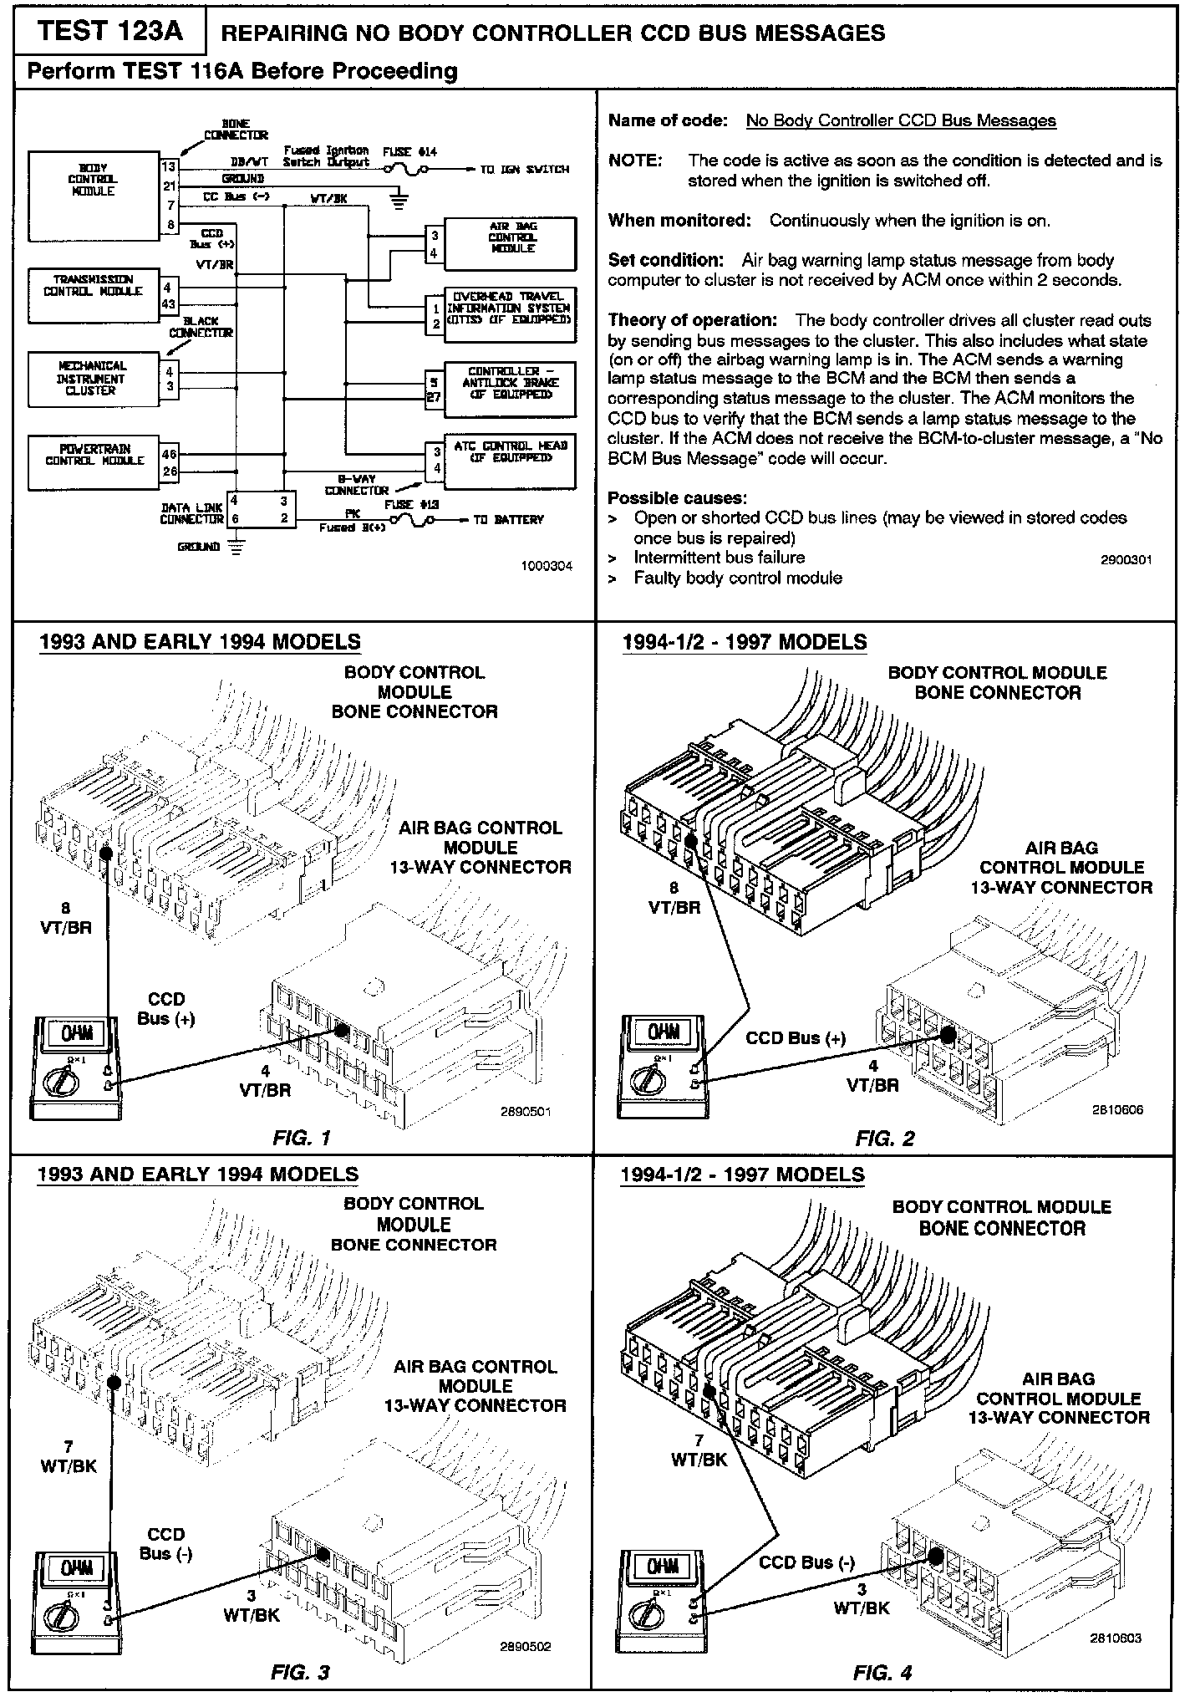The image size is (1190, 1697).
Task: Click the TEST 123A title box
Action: [110, 32]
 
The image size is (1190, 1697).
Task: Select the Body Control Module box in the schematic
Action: [94, 196]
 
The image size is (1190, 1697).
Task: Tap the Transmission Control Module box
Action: [94, 295]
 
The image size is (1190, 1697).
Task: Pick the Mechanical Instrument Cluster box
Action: [94, 379]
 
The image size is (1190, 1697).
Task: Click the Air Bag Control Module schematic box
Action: [510, 243]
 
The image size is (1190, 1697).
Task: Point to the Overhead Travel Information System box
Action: [510, 316]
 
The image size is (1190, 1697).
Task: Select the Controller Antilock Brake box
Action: [510, 390]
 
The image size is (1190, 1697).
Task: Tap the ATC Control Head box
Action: [510, 462]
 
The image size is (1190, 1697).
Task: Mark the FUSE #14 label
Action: [409, 152]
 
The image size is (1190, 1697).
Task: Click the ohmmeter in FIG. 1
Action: [75, 1068]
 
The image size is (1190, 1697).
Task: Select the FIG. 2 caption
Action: [885, 1138]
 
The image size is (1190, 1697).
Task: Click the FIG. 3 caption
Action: [301, 1671]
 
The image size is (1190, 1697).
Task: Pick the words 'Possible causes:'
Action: [665, 498]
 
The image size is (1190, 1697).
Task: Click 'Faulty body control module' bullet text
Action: [737, 578]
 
